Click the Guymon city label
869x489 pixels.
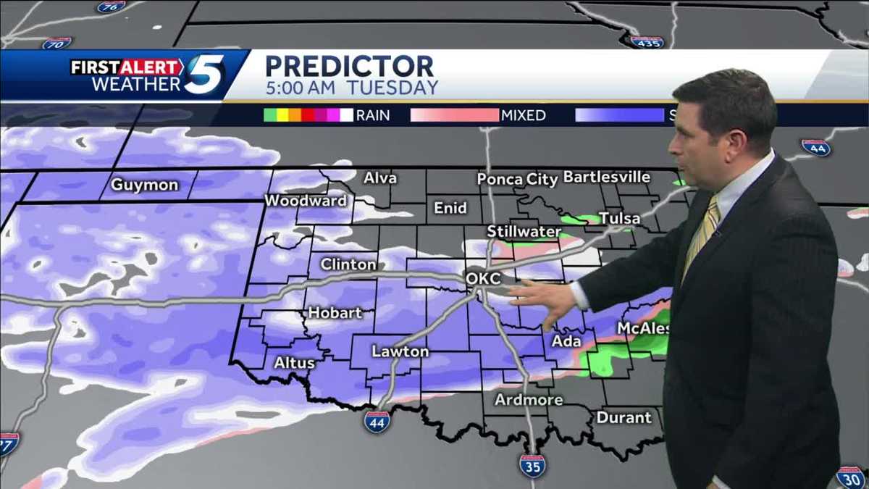(x=144, y=185)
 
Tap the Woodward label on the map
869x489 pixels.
(x=306, y=201)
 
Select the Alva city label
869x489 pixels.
(x=380, y=178)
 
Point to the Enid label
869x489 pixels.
(x=450, y=209)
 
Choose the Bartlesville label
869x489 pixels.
(x=606, y=177)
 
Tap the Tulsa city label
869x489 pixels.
(x=619, y=218)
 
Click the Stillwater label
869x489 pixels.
(x=524, y=232)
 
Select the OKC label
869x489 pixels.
(x=483, y=279)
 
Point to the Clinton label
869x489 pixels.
(x=348, y=264)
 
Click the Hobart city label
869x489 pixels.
(x=335, y=313)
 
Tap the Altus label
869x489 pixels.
(x=294, y=362)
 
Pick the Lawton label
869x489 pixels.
(x=400, y=351)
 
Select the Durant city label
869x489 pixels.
(x=624, y=418)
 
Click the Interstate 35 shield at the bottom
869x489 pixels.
(x=532, y=466)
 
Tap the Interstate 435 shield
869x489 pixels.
(x=647, y=41)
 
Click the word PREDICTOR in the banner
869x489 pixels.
(x=349, y=66)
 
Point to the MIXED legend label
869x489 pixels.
(x=524, y=115)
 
